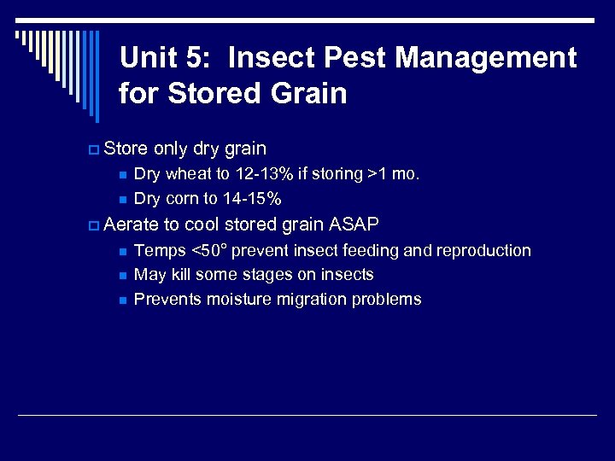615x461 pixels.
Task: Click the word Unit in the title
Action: point(148,58)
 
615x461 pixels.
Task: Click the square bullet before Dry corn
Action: point(123,200)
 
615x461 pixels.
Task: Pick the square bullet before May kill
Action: point(123,276)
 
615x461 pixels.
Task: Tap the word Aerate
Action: point(132,225)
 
